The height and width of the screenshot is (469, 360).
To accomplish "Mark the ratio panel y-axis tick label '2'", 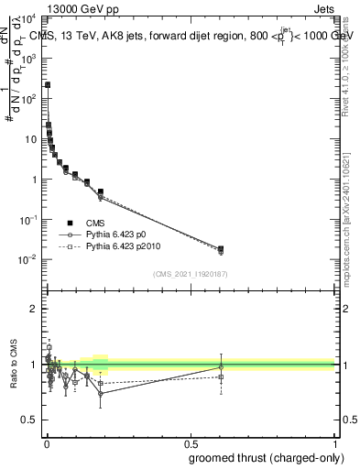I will (x=35, y=309).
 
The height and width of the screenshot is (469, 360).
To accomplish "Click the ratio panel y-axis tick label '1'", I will (x=35, y=365).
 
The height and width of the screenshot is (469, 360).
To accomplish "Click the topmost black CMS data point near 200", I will (x=48, y=84).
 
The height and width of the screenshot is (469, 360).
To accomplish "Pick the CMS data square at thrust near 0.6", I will (x=221, y=248).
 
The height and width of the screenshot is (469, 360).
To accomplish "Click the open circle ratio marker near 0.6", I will (x=221, y=366).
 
